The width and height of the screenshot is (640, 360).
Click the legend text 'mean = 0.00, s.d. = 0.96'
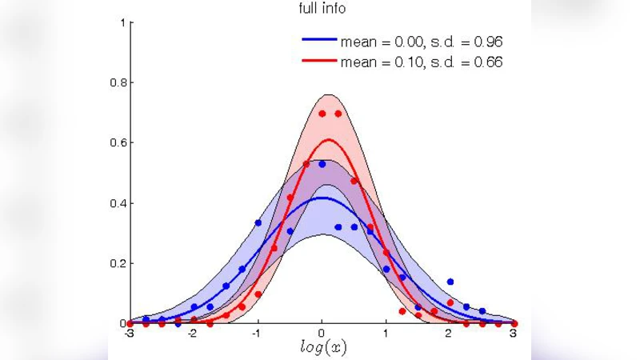[421, 40]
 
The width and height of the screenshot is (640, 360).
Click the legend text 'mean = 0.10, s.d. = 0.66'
[421, 62]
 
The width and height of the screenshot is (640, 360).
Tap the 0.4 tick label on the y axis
[118, 203]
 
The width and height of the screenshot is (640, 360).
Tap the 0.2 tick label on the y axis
[118, 263]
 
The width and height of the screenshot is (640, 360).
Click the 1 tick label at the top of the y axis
[122, 22]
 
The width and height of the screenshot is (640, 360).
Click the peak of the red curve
[328, 140]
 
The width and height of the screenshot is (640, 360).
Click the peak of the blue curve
[322, 198]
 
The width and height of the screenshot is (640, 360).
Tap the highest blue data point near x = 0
[322, 164]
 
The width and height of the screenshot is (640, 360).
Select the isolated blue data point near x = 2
[450, 282]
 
